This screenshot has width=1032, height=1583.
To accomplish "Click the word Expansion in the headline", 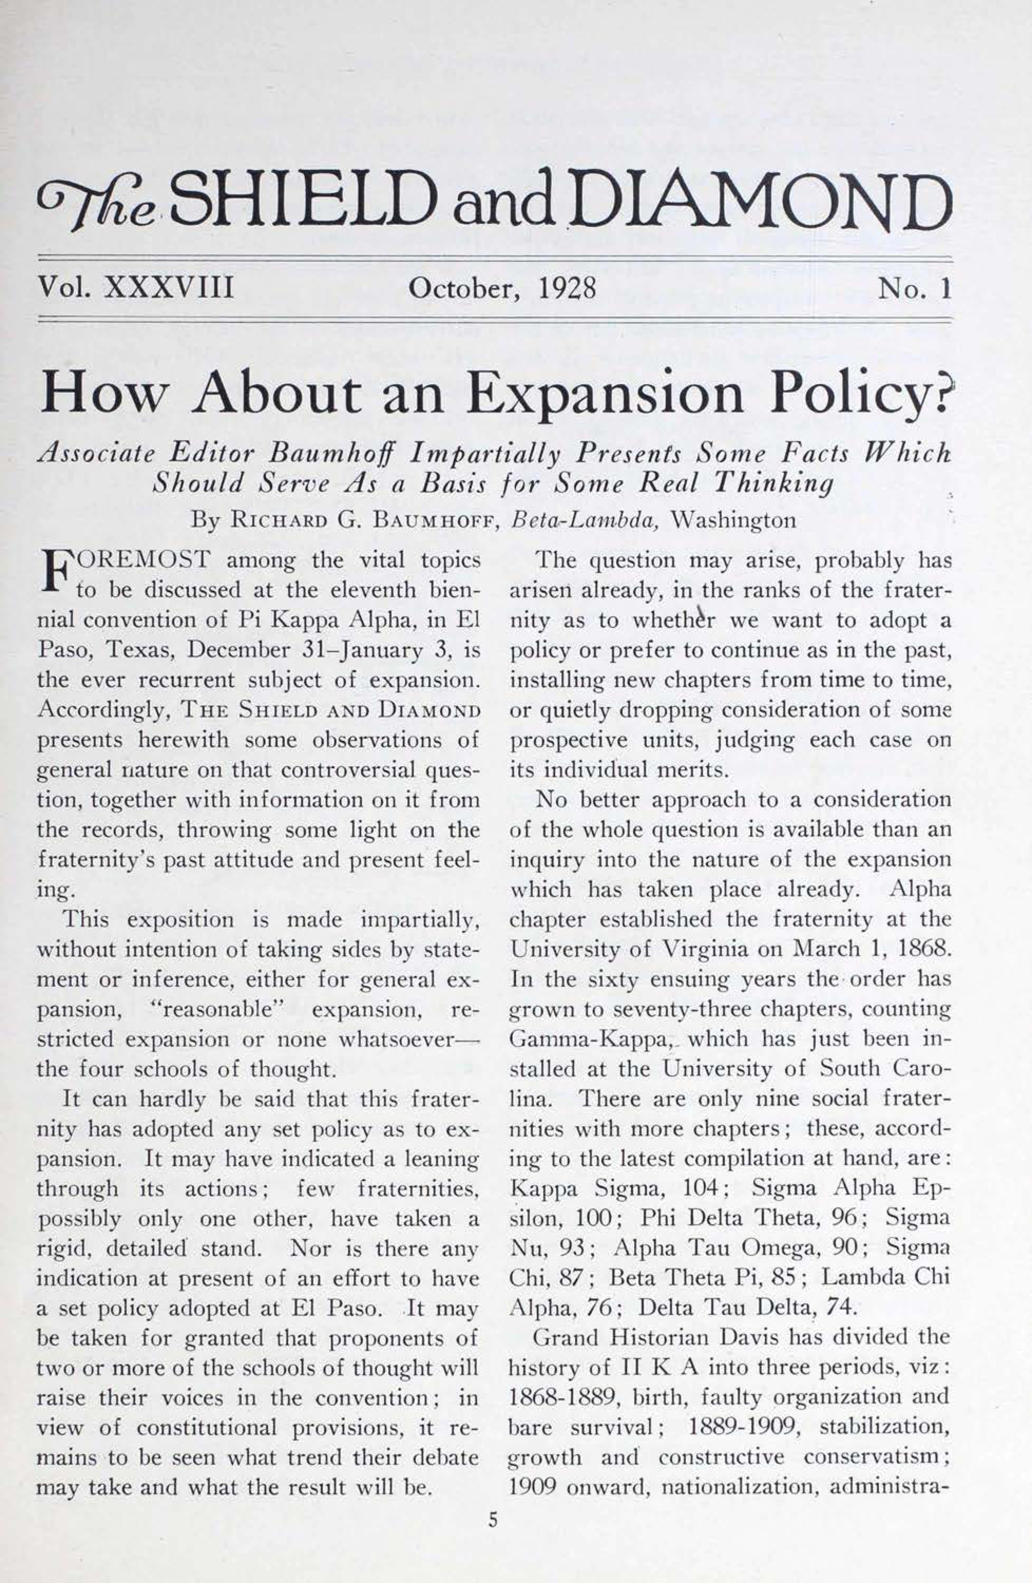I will (x=604, y=394).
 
